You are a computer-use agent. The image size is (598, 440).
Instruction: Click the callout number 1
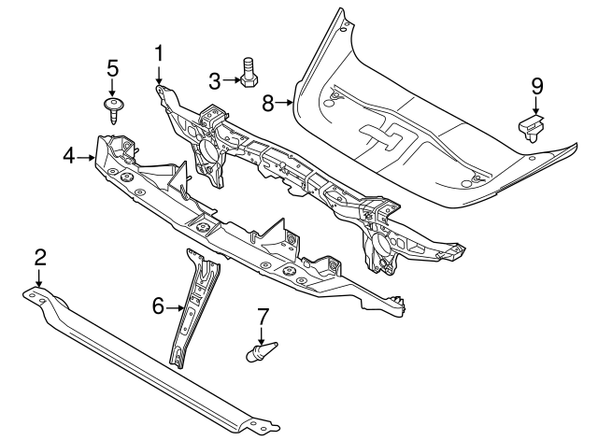click(x=159, y=53)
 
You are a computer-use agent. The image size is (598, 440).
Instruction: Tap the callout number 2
click(x=39, y=258)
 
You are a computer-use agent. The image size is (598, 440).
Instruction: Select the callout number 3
click(x=213, y=80)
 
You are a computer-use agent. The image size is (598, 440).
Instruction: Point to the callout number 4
click(x=68, y=156)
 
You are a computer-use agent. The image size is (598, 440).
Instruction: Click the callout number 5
click(x=112, y=67)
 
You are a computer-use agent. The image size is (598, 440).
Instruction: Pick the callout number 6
click(x=158, y=305)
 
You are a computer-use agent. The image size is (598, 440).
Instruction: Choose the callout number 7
click(x=263, y=318)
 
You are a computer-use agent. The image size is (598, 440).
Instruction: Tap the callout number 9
click(x=536, y=87)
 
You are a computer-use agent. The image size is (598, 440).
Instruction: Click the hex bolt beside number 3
click(x=249, y=75)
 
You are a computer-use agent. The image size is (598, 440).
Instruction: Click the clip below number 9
click(x=531, y=125)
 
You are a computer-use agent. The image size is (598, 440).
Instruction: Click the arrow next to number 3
click(x=230, y=80)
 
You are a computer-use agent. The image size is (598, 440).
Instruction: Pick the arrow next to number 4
click(x=86, y=157)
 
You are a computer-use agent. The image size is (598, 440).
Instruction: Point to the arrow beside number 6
click(x=175, y=305)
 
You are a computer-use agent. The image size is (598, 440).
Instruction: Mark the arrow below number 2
click(x=39, y=278)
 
